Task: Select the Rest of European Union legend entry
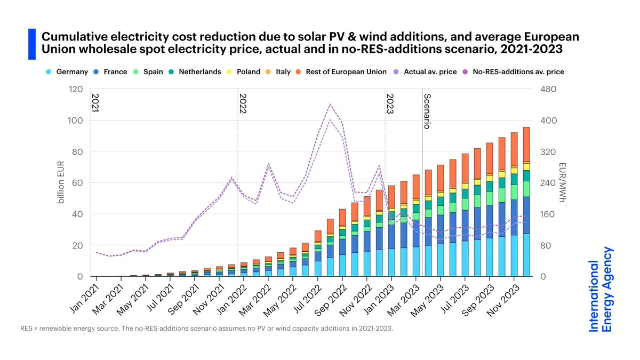coord(345,71)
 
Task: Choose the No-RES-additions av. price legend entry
coord(520,71)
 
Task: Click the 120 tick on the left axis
coord(73,89)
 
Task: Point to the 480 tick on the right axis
coord(549,89)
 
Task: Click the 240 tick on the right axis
coord(549,183)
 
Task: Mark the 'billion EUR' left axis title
coord(61,183)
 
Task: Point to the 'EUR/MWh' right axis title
coord(563,183)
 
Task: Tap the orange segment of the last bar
coord(526,144)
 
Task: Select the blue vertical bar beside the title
coord(31,44)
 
